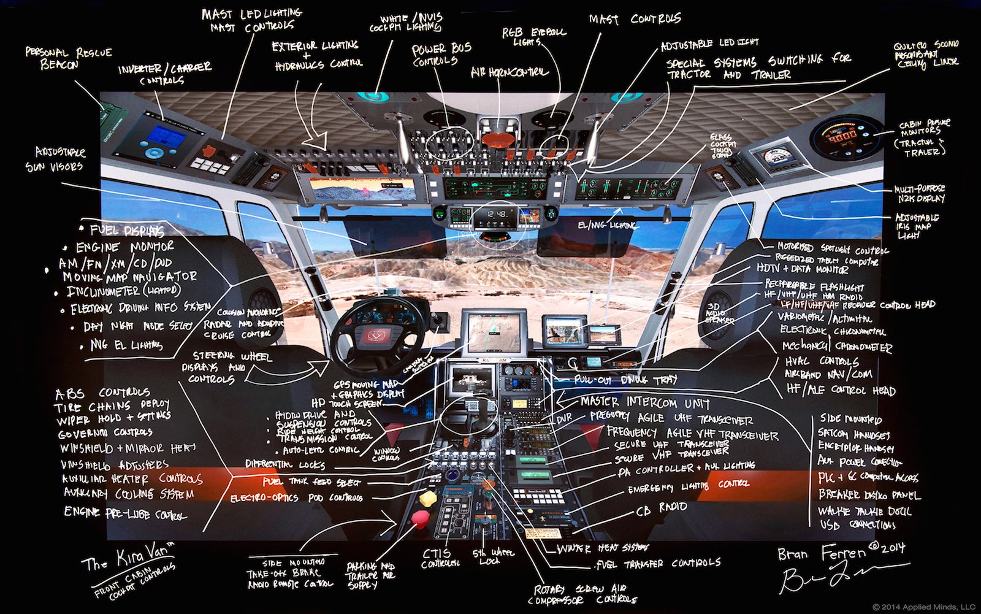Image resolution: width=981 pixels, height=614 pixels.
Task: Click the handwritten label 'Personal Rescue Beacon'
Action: click(67, 58)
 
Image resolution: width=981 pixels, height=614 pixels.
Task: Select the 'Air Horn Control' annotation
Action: click(508, 72)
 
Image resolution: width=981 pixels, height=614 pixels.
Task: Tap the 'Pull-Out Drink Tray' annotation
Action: click(625, 380)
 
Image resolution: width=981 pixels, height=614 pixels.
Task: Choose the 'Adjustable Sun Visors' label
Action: click(60, 159)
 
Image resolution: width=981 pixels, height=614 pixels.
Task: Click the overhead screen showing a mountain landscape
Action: click(361, 188)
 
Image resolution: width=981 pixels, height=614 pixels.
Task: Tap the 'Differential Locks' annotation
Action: click(285, 464)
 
